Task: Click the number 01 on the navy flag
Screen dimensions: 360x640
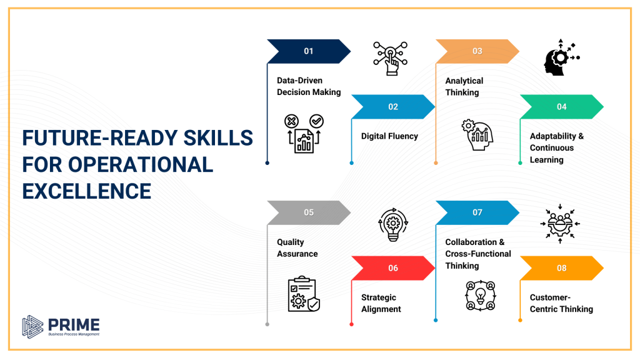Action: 309,51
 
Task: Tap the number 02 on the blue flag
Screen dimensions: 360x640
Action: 393,107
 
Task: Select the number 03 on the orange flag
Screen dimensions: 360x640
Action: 477,51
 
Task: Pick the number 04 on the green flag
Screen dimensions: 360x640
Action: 562,107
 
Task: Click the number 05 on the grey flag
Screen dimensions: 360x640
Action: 309,212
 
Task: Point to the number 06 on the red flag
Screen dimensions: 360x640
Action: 393,268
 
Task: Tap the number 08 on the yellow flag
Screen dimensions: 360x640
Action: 562,268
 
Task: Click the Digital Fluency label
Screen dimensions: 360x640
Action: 389,136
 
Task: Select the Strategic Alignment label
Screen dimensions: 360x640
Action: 381,303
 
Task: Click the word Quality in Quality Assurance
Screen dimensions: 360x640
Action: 291,242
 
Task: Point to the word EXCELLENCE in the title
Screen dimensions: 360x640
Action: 86,191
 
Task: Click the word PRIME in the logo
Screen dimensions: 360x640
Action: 73,324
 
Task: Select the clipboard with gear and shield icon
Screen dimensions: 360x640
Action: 304,294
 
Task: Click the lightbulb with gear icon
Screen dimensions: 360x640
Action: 393,226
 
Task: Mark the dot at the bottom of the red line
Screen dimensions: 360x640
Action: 351,324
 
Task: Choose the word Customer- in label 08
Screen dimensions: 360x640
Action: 551,297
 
